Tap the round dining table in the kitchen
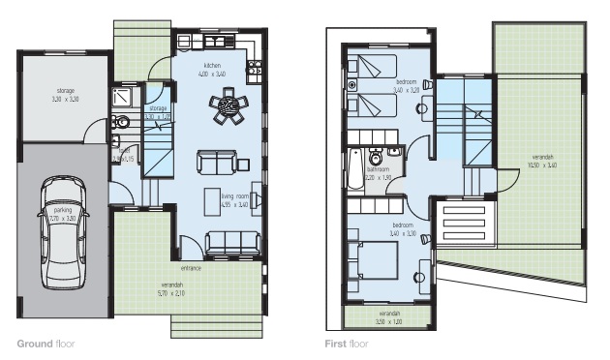coord(229,105)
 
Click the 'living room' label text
coord(234,197)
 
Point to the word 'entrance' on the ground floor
coord(191,267)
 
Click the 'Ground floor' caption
coord(45,344)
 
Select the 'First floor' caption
coord(347,344)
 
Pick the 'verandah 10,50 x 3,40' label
coord(544,160)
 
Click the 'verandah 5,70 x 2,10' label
coord(170,287)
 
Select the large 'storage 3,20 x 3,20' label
coord(65,95)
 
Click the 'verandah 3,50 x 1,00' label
coord(389,315)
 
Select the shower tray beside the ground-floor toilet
coord(124,96)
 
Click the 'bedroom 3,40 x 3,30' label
coord(404,229)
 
